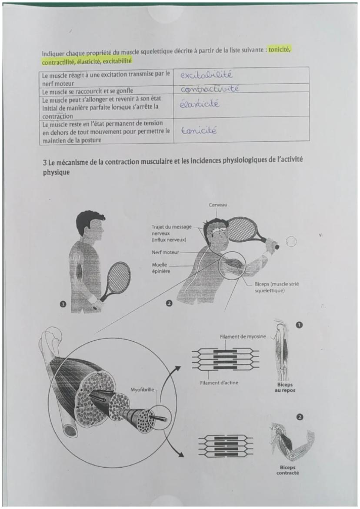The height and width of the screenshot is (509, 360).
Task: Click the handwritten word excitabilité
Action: (x=206, y=75)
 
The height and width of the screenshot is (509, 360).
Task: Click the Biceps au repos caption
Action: (x=285, y=388)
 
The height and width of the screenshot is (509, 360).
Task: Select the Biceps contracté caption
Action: (x=287, y=470)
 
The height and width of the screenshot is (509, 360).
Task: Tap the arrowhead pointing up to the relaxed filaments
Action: (x=177, y=369)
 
